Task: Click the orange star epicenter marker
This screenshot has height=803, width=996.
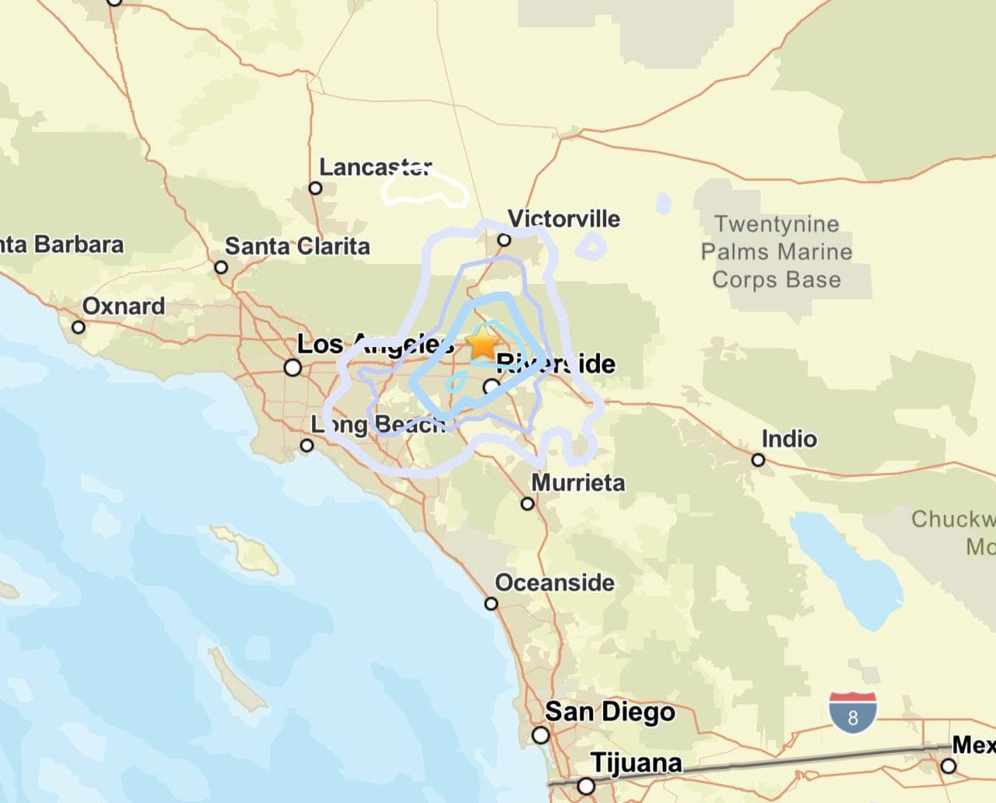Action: click(x=483, y=342)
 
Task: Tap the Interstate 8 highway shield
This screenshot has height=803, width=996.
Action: click(x=853, y=712)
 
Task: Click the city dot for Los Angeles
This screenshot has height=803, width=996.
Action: click(x=293, y=367)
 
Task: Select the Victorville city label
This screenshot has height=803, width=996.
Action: click(x=563, y=218)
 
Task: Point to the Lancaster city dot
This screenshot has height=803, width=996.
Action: click(x=315, y=188)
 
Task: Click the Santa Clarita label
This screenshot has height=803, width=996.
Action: click(x=296, y=246)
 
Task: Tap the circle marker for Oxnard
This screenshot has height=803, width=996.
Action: click(x=78, y=327)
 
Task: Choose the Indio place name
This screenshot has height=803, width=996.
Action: click(x=788, y=439)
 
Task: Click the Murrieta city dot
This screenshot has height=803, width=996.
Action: click(x=528, y=503)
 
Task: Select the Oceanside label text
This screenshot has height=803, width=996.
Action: click(x=554, y=583)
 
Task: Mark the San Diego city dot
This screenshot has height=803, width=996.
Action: click(x=540, y=735)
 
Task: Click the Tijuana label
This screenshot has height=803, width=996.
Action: click(x=636, y=763)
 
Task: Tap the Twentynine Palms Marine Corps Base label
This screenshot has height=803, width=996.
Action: click(x=776, y=251)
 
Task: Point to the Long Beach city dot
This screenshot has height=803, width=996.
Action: click(x=307, y=445)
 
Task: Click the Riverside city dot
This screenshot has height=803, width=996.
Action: click(x=491, y=386)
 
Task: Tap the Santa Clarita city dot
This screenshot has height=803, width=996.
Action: click(x=221, y=268)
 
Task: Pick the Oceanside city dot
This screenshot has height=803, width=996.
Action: click(x=491, y=604)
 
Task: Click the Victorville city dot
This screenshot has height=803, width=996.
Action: click(x=504, y=240)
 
